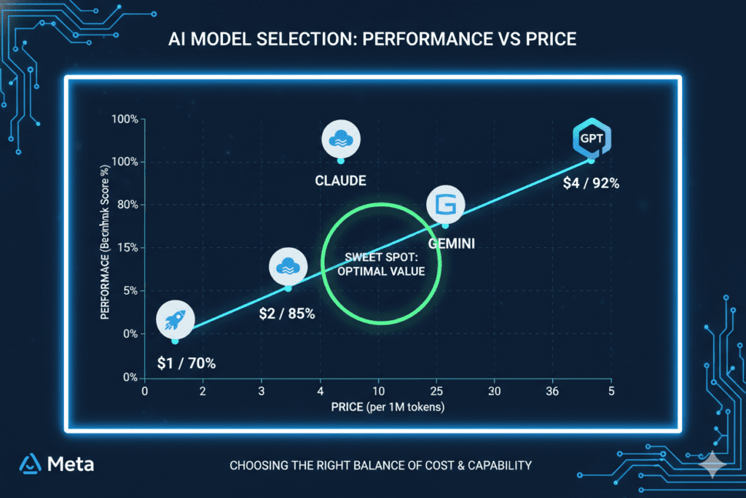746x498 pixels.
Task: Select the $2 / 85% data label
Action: pos(287,314)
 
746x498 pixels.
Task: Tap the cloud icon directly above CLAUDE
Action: pos(340,138)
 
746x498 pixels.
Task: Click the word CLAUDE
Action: pos(340,180)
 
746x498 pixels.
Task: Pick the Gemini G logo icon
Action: pos(445,206)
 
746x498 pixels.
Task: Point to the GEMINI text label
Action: pos(451,244)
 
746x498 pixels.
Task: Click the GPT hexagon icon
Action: pos(592,137)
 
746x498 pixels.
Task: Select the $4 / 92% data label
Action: pos(591,184)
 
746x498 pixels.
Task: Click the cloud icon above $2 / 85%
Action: pos(287,267)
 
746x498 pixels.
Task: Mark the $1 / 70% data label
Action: pos(186,362)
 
